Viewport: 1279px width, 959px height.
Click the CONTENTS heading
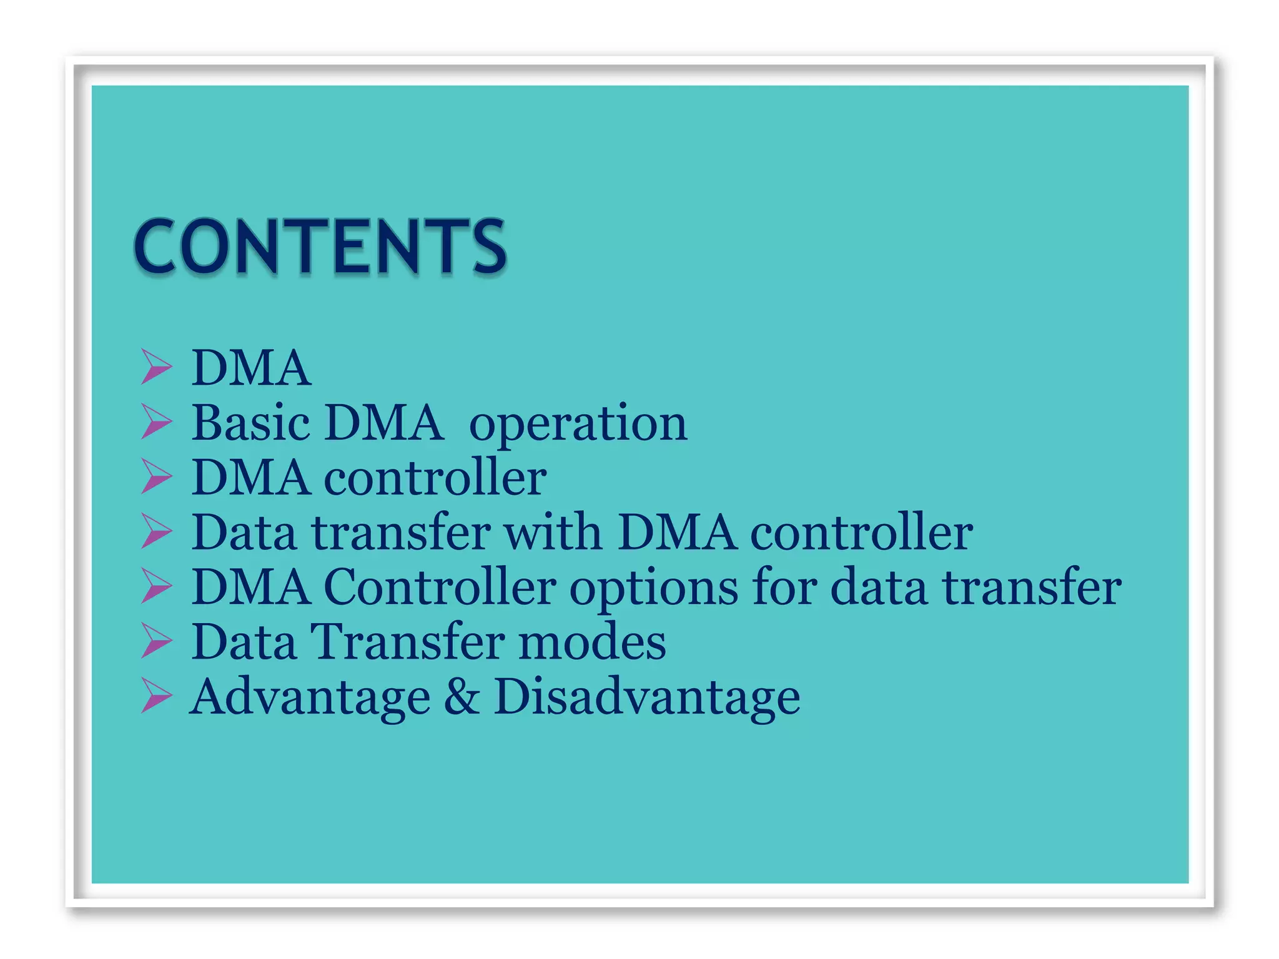320,247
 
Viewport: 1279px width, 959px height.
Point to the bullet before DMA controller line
156,476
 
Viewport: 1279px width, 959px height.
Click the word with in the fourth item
553,532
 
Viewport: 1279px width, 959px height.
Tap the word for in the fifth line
784,587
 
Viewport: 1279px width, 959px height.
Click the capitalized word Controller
439,587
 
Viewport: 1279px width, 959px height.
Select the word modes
591,642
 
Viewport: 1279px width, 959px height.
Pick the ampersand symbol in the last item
462,697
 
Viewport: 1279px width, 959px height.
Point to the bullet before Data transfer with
156,531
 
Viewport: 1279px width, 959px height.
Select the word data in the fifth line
878,587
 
